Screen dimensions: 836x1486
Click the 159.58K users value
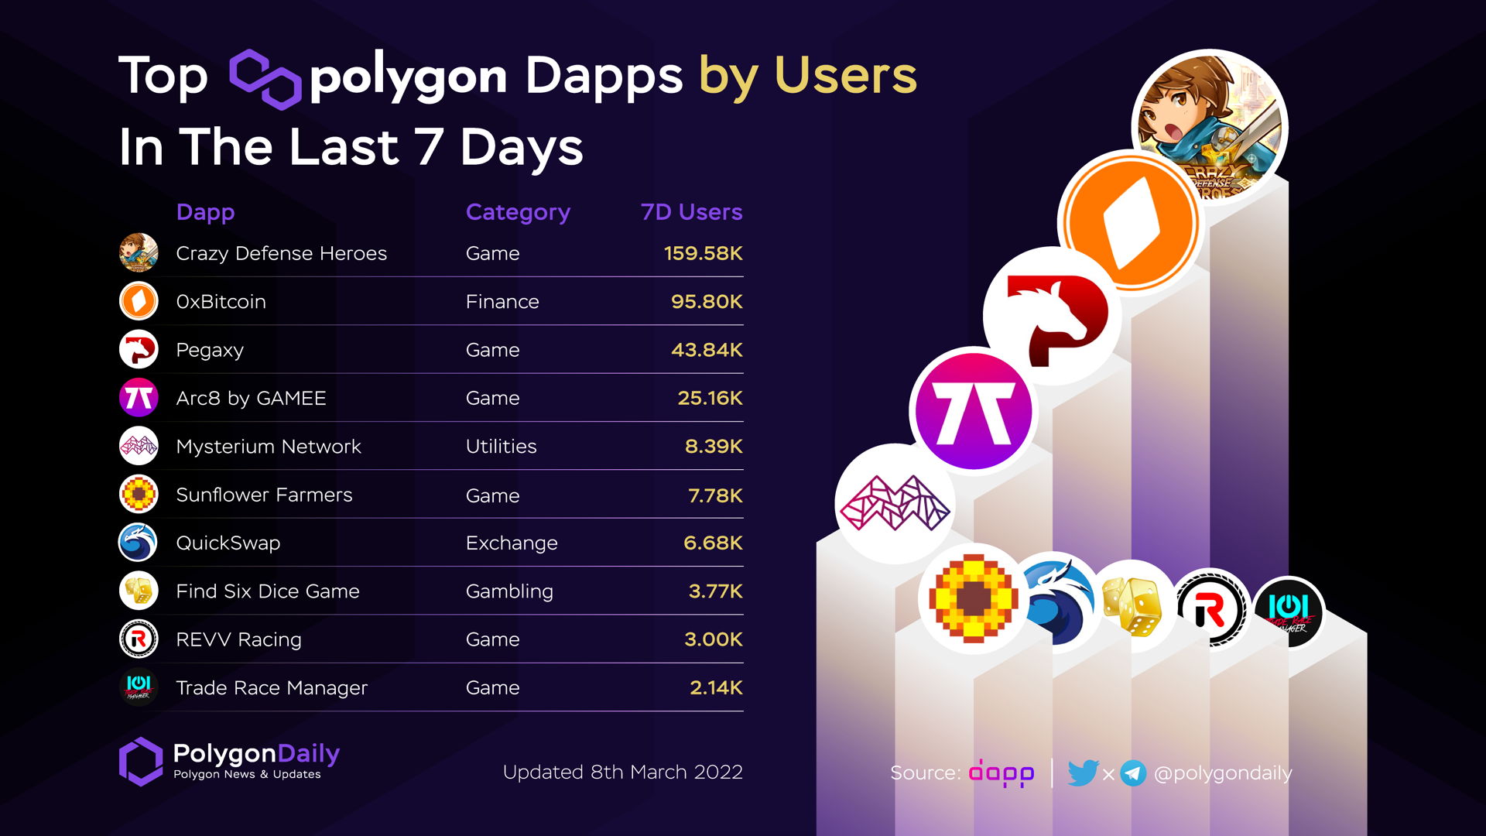pyautogui.click(x=703, y=253)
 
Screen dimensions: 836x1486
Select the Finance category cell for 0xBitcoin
pyautogui.click(x=502, y=301)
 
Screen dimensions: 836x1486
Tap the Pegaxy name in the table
pyautogui.click(x=210, y=350)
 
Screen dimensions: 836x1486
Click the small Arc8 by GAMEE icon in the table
pyautogui.click(x=139, y=398)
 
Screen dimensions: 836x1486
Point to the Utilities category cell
pyautogui.click(x=501, y=446)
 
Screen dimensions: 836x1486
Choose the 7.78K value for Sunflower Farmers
pyautogui.click(x=715, y=495)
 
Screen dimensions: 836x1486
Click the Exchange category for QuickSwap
pyautogui.click(x=511, y=543)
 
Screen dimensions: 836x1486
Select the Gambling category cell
pyautogui.click(x=509, y=591)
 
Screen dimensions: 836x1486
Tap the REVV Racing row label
pyautogui.click(x=238, y=639)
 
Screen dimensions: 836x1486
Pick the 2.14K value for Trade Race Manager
pyautogui.click(x=716, y=687)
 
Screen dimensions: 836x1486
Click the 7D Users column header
pyautogui.click(x=691, y=212)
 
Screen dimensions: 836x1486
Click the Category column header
pyautogui.click(x=518, y=212)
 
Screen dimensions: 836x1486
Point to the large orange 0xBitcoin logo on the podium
pyautogui.click(x=1131, y=222)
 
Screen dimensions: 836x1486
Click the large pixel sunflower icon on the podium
pyautogui.click(x=974, y=598)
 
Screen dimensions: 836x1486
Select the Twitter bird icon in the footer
pyautogui.click(x=1083, y=773)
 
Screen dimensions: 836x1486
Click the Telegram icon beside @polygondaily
pyautogui.click(x=1133, y=773)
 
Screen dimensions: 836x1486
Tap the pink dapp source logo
pyautogui.click(x=1001, y=773)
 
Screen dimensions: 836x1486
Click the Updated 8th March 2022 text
pyautogui.click(x=622, y=772)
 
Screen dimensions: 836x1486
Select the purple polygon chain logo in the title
pyautogui.click(x=265, y=79)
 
